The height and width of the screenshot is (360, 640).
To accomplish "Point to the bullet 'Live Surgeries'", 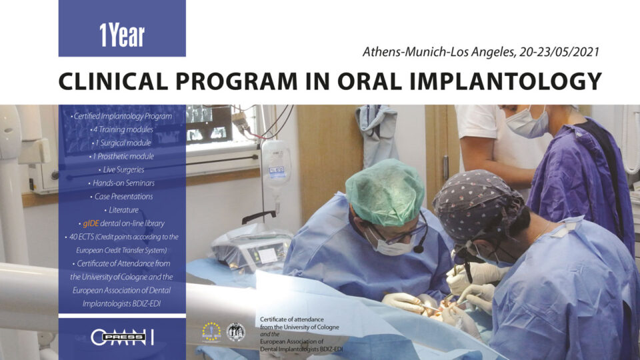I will pyautogui.click(x=121, y=169).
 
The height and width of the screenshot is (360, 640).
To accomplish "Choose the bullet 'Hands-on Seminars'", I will pyautogui.click(x=121, y=183).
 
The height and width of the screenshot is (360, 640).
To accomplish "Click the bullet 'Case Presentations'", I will pyautogui.click(x=121, y=197).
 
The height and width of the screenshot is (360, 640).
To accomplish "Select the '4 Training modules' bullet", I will pyautogui.click(x=121, y=129).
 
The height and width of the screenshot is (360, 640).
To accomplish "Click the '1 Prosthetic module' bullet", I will pyautogui.click(x=121, y=156).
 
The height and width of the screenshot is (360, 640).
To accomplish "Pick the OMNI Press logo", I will pyautogui.click(x=122, y=337).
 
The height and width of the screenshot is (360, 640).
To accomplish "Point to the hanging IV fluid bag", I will pyautogui.click(x=276, y=164).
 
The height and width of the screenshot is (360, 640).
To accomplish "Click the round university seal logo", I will pyautogui.click(x=235, y=331).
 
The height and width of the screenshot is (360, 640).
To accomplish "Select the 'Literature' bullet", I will pyautogui.click(x=121, y=210).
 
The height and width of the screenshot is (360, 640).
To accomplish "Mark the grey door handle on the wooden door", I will pyautogui.click(x=445, y=167).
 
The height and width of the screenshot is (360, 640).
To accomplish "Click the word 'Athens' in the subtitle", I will pyautogui.click(x=381, y=51).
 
